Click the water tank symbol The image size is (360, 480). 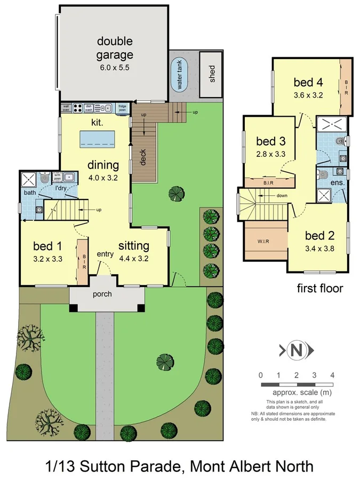point(180,76)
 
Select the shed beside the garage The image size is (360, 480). point(211,75)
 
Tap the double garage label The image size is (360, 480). point(115,48)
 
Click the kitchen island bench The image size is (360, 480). point(99,139)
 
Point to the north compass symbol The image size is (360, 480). point(296,350)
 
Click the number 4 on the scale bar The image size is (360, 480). point(332,375)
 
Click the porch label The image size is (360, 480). point(102,294)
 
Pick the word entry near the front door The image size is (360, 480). point(105,254)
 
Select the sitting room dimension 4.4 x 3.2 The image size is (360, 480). point(133,259)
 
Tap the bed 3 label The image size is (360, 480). point(271,141)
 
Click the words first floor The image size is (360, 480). point(319,289)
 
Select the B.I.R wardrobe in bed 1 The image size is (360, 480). point(83,262)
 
